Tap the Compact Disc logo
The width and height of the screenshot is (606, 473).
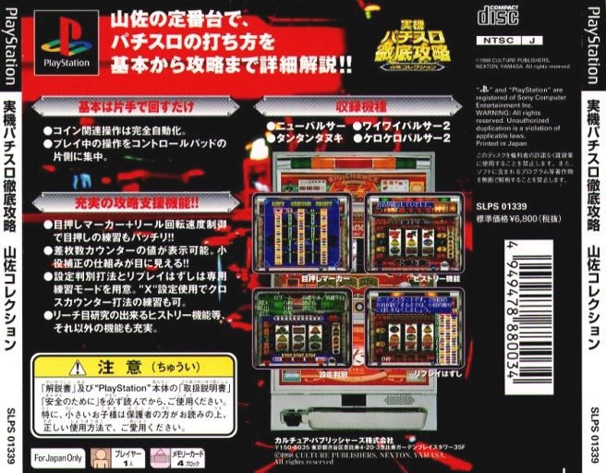[x=498, y=15]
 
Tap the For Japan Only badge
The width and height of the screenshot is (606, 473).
[x=58, y=456]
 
